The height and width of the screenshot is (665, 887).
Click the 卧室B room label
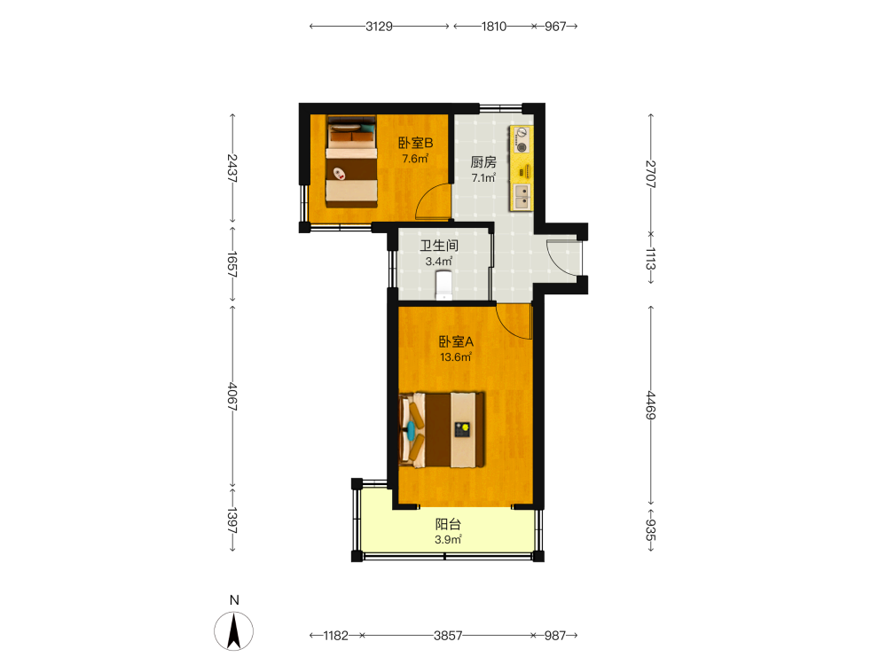click(415, 143)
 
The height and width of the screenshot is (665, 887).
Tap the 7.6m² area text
click(415, 159)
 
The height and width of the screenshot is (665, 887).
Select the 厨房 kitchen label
click(483, 162)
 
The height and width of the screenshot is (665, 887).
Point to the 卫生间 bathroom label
click(439, 246)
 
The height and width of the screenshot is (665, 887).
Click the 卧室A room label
click(456, 341)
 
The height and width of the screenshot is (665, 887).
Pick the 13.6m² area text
click(456, 357)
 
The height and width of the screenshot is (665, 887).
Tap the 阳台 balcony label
click(448, 524)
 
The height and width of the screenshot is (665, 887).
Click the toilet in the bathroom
click(444, 285)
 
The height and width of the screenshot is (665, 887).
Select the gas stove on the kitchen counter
click(522, 140)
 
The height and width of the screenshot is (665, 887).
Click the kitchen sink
click(522, 196)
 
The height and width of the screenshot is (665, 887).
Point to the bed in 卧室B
click(351, 161)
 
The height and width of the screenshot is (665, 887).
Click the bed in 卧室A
click(442, 430)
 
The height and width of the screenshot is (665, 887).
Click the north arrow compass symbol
click(234, 631)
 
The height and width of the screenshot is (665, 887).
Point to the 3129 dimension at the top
click(379, 26)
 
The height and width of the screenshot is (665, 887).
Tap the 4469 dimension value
click(650, 405)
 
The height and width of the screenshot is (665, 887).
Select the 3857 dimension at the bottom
click(448, 636)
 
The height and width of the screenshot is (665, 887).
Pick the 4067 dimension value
click(232, 396)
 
